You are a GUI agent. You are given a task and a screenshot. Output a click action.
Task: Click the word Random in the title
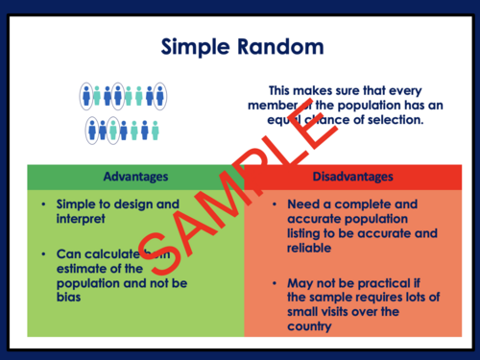pos(279,47)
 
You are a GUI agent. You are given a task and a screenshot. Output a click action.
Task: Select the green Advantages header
pos(135,178)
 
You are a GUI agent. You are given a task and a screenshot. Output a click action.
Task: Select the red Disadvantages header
pos(351,178)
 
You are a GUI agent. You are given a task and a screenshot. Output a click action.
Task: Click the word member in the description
pos(272,105)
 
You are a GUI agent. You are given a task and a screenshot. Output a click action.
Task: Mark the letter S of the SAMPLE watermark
pos(155,250)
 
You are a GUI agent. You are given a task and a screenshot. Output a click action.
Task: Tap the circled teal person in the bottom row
pos(113,130)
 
